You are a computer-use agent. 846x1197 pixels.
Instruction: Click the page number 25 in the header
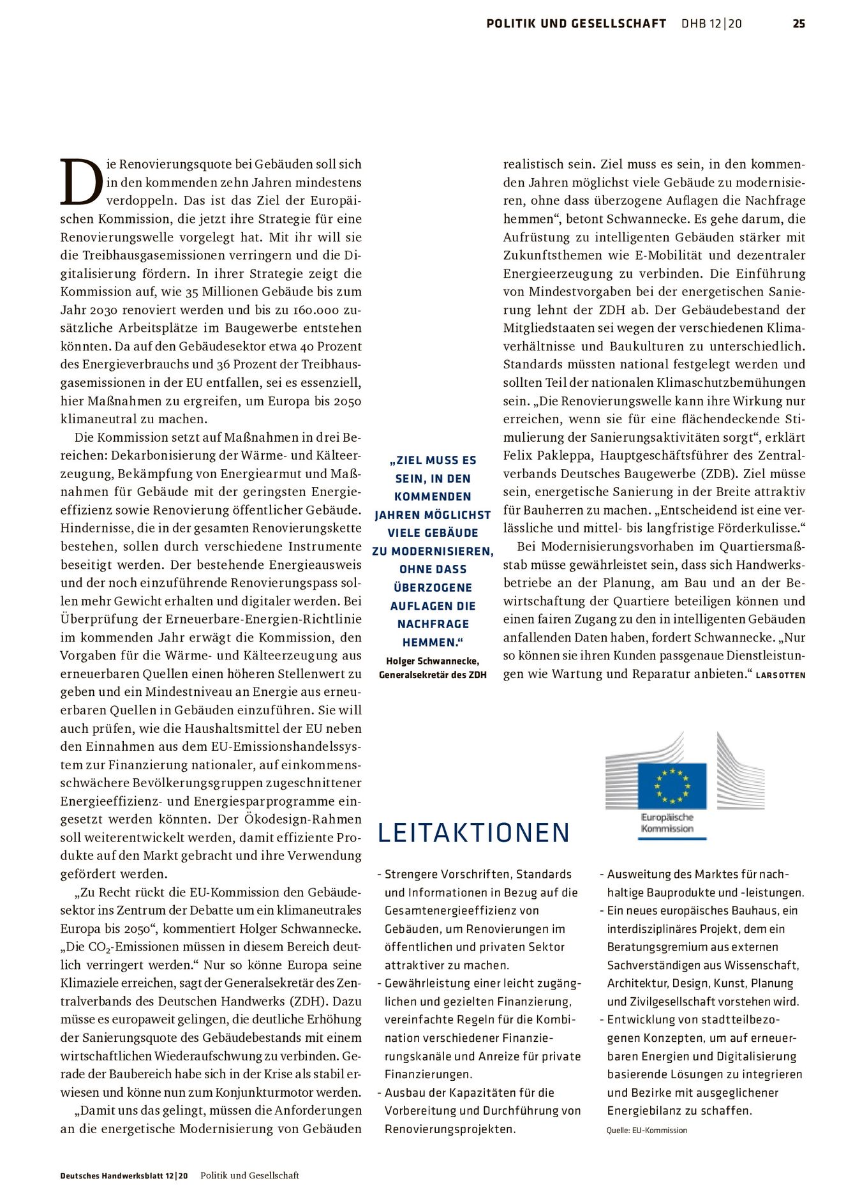[x=799, y=24]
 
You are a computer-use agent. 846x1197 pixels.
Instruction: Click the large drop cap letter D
[x=81, y=182]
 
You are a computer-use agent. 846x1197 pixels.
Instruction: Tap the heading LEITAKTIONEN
[x=473, y=833]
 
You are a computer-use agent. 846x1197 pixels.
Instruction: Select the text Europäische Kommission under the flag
[x=667, y=823]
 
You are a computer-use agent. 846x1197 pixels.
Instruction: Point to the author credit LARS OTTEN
[x=780, y=675]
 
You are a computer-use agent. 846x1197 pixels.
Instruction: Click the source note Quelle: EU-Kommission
[x=646, y=1131]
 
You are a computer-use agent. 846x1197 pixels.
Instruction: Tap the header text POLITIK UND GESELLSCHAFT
[x=575, y=24]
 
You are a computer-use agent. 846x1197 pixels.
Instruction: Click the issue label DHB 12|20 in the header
[x=711, y=24]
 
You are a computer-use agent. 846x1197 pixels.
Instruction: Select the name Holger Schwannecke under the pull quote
[x=433, y=661]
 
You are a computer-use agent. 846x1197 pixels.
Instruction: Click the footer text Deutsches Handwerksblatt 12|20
[x=124, y=1175]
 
